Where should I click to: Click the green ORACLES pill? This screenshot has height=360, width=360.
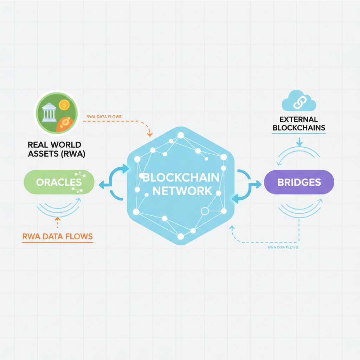(x=59, y=182)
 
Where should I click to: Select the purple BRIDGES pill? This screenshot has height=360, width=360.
(x=299, y=182)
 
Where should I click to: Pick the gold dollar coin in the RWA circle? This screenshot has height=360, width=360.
(x=64, y=104)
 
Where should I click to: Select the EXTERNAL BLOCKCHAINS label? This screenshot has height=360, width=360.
(x=299, y=124)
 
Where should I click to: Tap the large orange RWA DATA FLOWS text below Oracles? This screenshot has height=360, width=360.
(x=58, y=237)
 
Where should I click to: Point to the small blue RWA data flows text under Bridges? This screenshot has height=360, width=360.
(x=283, y=247)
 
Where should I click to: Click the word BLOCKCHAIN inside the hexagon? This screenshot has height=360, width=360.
(x=181, y=177)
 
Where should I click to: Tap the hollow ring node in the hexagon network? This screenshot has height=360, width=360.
(x=204, y=211)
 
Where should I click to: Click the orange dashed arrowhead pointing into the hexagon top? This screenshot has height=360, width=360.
(x=150, y=134)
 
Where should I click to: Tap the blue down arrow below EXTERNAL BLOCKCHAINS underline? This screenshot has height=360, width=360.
(x=299, y=143)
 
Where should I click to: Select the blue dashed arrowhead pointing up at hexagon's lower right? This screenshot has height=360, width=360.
(x=232, y=228)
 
